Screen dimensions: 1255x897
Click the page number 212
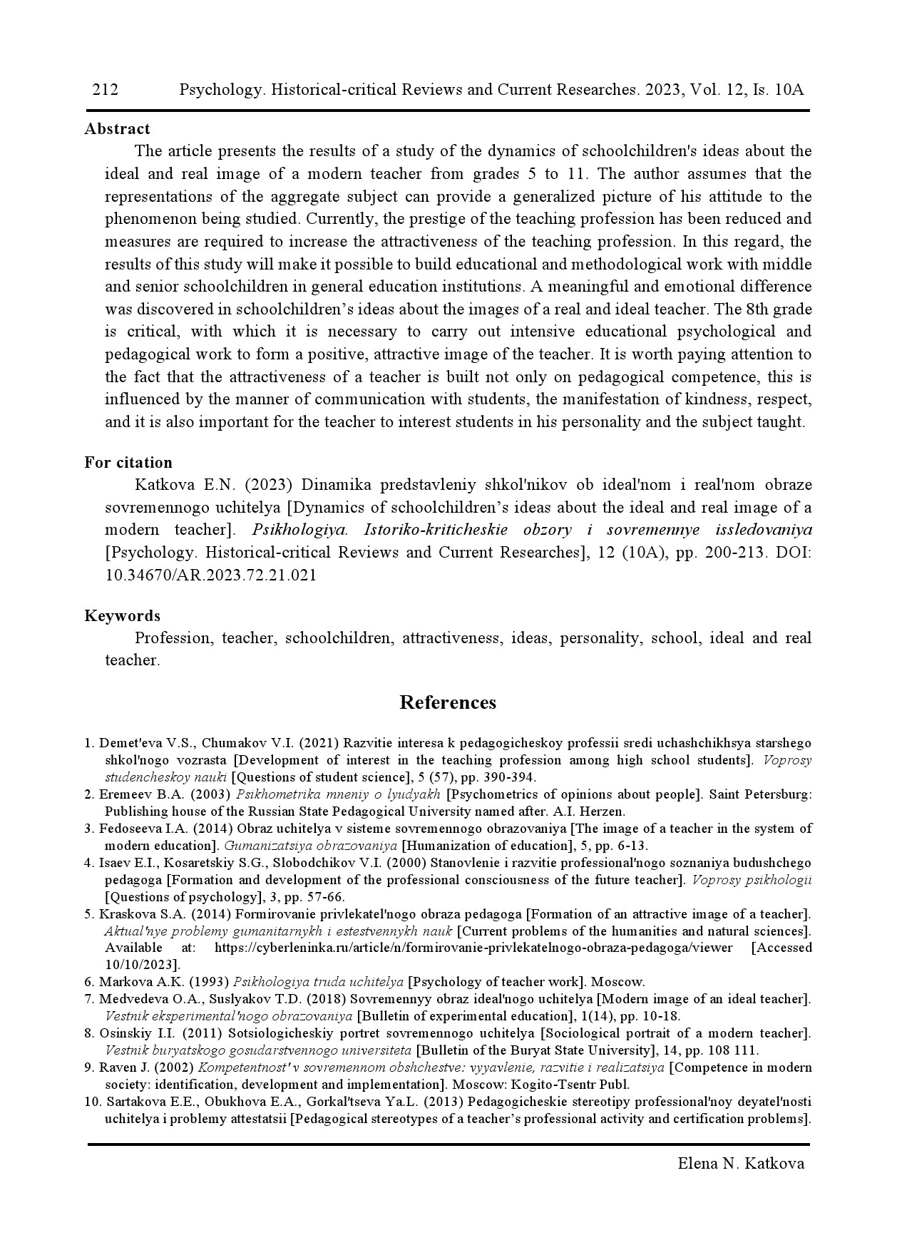pyautogui.click(x=105, y=90)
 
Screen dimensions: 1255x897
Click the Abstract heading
pyautogui.click(x=117, y=129)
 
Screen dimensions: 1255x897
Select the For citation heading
pyautogui.click(x=128, y=463)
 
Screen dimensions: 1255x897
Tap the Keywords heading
pyautogui.click(x=122, y=616)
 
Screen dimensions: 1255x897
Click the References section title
pyautogui.click(x=448, y=703)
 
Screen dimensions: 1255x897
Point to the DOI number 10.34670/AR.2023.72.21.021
pyautogui.click(x=211, y=575)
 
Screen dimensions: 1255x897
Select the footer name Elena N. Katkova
pyautogui.click(x=741, y=1164)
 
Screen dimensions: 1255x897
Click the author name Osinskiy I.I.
pyautogui.click(x=136, y=1033)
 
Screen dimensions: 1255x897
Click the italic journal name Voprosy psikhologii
pyautogui.click(x=752, y=880)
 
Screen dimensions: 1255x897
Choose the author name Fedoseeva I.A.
pyautogui.click(x=140, y=829)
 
